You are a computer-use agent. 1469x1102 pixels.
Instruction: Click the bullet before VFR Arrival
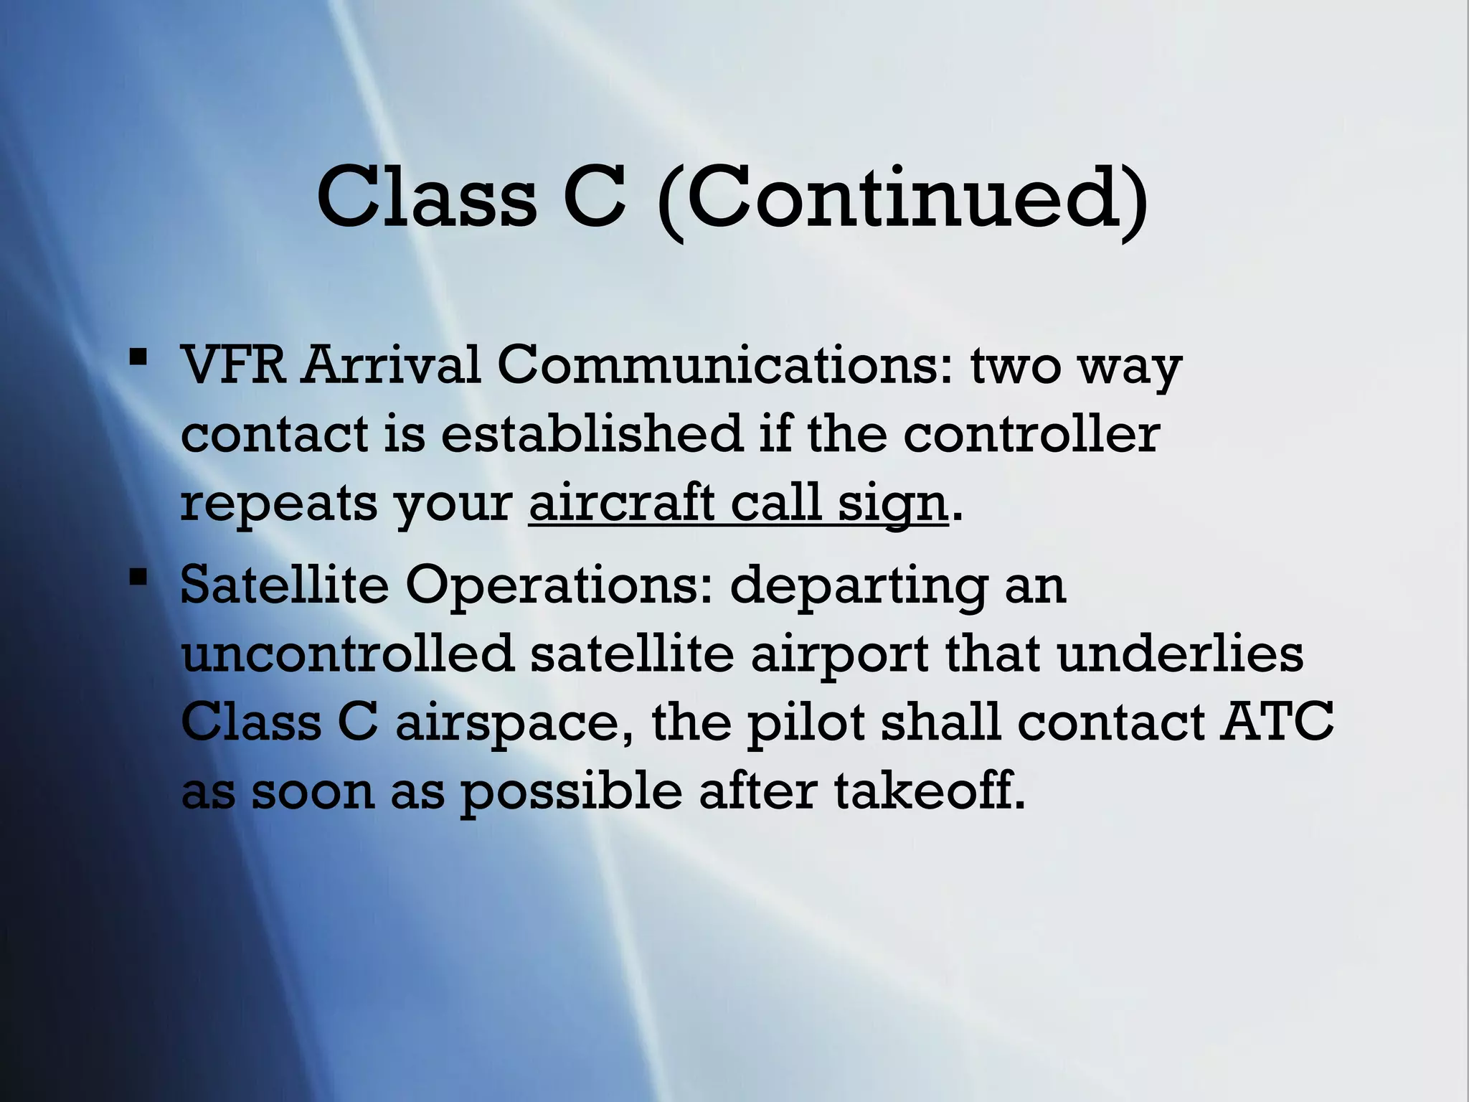pos(138,356)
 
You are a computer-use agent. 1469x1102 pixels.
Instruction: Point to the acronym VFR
pos(233,365)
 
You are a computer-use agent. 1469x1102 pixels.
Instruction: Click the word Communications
pos(724,365)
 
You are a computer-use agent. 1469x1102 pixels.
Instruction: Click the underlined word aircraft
pos(621,503)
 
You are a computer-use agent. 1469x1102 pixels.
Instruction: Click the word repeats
pos(278,504)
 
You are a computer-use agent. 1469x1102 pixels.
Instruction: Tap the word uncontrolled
pos(348,654)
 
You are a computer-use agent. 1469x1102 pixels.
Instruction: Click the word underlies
pos(1180,654)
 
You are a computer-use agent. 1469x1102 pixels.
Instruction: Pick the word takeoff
pos(930,791)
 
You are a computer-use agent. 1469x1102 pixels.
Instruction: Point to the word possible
pos(570,793)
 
